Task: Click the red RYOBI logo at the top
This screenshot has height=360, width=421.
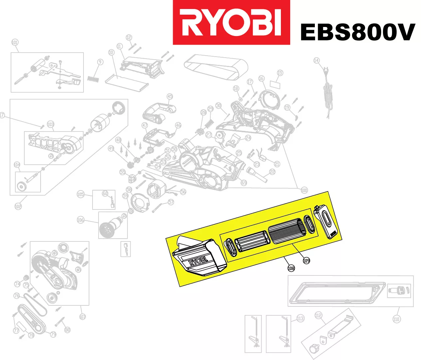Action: point(231,22)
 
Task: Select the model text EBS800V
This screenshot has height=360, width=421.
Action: point(357,32)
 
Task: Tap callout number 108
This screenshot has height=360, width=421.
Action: point(291,268)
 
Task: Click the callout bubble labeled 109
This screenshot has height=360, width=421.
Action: point(306,260)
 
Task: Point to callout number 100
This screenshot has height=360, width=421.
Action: point(304,190)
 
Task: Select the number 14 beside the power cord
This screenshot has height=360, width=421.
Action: point(316,61)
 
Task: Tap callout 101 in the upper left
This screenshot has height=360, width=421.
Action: point(15,42)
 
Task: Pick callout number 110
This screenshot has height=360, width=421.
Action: point(396,319)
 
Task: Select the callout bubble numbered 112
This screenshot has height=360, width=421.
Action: point(318,315)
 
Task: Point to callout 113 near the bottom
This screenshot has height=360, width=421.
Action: point(300,318)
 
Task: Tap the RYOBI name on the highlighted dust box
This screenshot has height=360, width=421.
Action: point(198,262)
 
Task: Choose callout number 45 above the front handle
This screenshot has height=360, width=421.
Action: point(170,97)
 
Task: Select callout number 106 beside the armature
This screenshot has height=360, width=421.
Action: point(81,220)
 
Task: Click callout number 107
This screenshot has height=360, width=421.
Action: point(83,316)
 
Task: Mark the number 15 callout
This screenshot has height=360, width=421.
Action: point(280,73)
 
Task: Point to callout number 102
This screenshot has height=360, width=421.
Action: point(18,206)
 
